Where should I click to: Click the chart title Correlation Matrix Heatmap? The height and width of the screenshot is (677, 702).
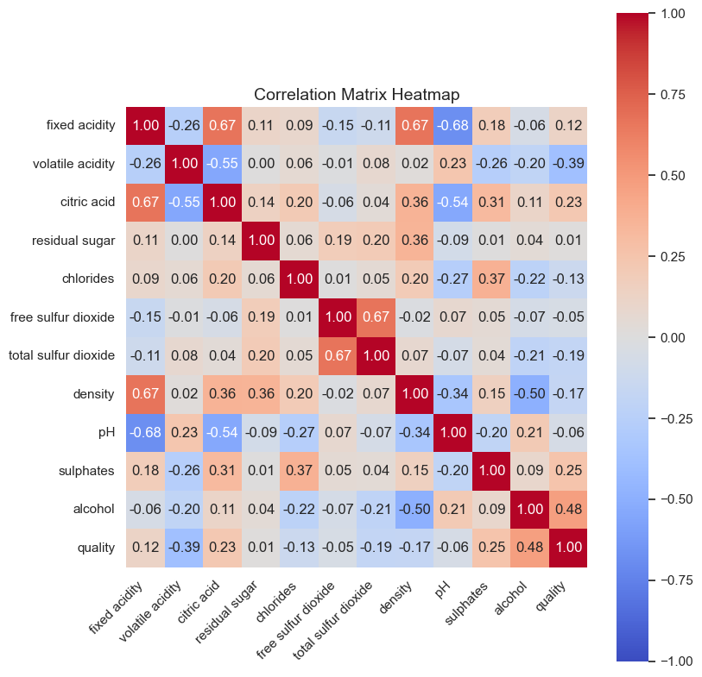pyautogui.click(x=357, y=94)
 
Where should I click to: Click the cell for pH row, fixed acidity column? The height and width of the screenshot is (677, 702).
pyautogui.click(x=145, y=432)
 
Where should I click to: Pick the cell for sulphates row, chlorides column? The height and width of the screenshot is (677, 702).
pyautogui.click(x=299, y=471)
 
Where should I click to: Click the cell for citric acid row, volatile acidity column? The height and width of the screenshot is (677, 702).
pyautogui.click(x=184, y=202)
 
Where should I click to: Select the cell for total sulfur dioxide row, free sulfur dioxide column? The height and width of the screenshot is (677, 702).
pyautogui.click(x=338, y=355)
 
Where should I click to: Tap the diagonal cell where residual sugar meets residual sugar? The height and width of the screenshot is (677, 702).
pyautogui.click(x=261, y=241)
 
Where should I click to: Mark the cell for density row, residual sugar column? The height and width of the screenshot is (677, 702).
pyautogui.click(x=261, y=394)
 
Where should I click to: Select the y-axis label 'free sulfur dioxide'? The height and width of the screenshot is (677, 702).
pyautogui.click(x=62, y=317)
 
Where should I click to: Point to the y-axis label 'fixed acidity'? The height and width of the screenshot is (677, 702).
pyautogui.click(x=81, y=125)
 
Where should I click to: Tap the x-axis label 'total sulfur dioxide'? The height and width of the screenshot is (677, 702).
pyautogui.click(x=335, y=619)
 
